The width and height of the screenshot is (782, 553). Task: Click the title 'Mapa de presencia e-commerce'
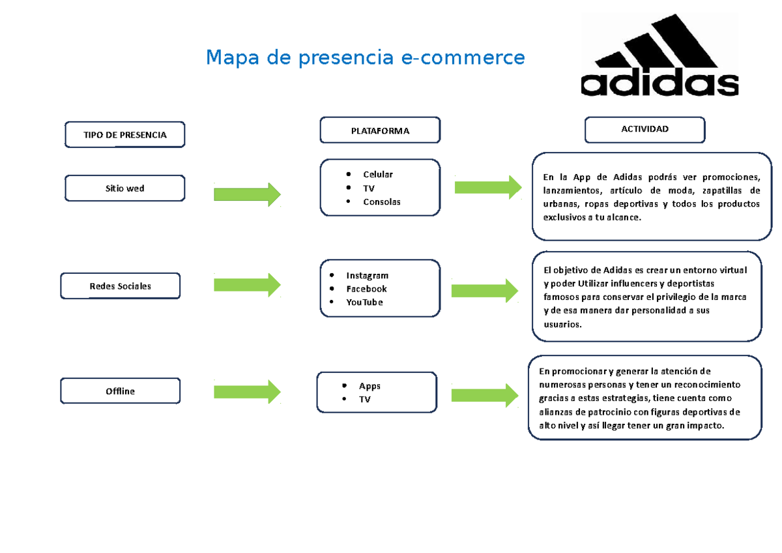tap(365, 58)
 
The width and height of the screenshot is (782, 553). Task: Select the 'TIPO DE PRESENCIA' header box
tap(124, 135)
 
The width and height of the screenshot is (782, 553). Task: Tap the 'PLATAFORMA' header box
tap(380, 130)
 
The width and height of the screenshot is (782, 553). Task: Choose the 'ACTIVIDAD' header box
tap(644, 129)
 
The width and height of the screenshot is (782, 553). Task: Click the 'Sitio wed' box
tap(124, 188)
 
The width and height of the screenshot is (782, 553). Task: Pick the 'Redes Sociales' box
tap(120, 286)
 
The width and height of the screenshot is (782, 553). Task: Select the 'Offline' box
tap(120, 391)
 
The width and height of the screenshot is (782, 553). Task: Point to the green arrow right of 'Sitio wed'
tap(247, 194)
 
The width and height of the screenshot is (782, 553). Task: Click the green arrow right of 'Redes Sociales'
tap(247, 284)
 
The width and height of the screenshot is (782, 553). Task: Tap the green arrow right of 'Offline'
tap(247, 391)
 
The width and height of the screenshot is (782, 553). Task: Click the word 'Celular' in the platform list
tap(378, 174)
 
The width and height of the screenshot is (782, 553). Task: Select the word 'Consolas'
tap(382, 202)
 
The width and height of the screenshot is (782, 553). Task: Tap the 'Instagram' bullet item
tap(367, 275)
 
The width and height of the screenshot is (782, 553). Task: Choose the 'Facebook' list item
tap(366, 289)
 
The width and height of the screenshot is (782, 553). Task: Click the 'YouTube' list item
tap(364, 303)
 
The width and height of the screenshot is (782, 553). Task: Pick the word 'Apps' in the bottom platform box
tap(369, 385)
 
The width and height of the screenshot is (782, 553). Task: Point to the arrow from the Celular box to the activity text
tap(487, 187)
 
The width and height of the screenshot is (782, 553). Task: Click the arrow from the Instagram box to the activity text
tap(485, 290)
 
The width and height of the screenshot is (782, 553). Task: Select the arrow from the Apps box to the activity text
tap(485, 395)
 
